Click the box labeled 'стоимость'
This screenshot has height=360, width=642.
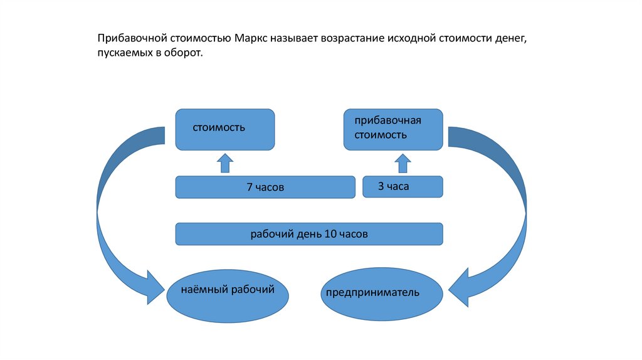click(224, 130)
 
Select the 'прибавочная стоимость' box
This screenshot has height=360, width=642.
click(393, 129)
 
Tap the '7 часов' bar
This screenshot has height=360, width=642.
click(265, 187)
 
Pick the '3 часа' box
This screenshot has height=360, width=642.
click(403, 186)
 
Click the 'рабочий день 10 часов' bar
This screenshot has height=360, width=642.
click(309, 234)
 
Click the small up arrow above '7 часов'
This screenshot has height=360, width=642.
click(224, 163)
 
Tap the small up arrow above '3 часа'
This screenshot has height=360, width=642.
click(403, 163)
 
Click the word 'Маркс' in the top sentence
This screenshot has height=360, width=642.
click(253, 39)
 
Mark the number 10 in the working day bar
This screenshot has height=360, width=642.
click(330, 234)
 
